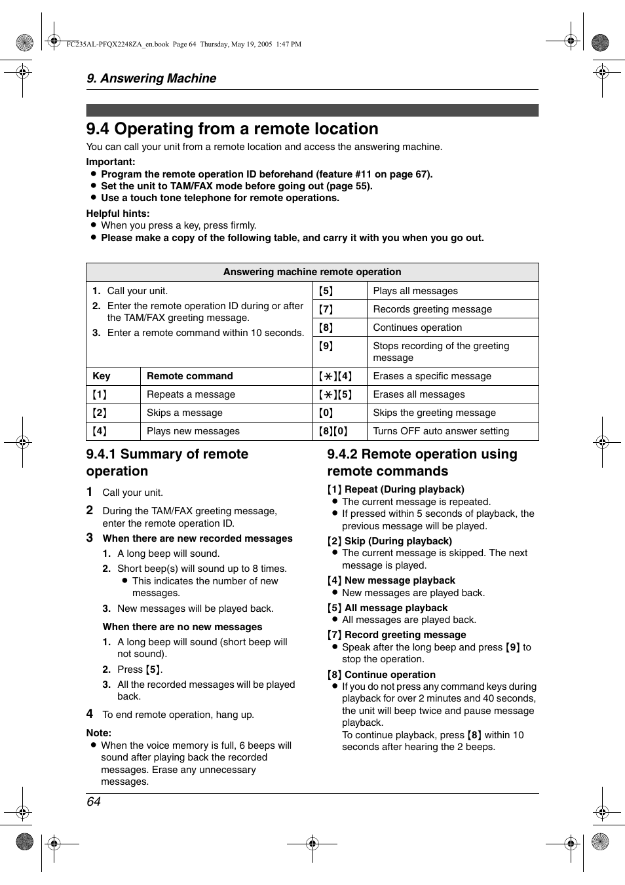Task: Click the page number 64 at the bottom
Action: click(94, 802)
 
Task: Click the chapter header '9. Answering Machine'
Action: click(151, 79)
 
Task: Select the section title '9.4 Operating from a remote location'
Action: click(232, 129)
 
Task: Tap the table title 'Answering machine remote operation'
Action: click(312, 272)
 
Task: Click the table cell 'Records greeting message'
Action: click(432, 309)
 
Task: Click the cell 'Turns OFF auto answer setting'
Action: click(440, 431)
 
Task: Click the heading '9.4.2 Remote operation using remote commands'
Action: click(422, 462)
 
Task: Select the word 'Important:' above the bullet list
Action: click(111, 162)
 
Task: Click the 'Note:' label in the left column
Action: click(99, 733)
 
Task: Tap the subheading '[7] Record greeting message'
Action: click(396, 635)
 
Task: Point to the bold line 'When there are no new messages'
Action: click(182, 627)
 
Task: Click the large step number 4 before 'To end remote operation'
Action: click(90, 714)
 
